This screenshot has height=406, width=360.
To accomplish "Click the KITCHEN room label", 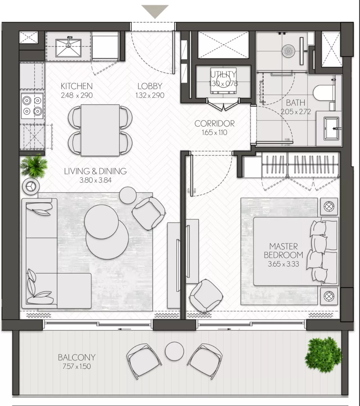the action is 77,86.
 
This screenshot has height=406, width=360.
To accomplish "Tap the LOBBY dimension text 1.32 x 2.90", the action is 150,95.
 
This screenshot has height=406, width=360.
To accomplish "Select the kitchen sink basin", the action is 69,48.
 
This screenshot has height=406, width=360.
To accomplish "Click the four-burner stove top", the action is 32,106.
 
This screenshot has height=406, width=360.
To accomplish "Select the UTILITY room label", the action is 223,75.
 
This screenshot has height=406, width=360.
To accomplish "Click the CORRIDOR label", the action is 214,124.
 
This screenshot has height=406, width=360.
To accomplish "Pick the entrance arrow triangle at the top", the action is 155,11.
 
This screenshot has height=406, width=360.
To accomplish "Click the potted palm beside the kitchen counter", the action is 34,166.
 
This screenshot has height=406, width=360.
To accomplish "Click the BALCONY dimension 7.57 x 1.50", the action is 77,366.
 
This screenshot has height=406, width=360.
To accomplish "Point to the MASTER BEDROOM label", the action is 283,251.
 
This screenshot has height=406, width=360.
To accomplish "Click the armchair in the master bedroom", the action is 207,296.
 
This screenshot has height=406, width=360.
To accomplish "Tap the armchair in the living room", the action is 149,213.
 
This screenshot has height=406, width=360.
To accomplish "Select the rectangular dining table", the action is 100,130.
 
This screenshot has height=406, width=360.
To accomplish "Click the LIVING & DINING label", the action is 95,171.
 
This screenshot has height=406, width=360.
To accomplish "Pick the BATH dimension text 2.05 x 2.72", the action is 296,112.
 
